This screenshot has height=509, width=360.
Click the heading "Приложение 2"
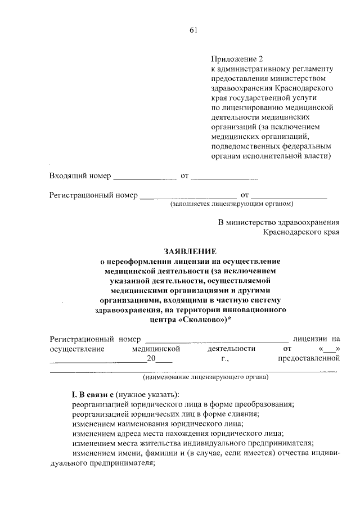(x=237, y=58)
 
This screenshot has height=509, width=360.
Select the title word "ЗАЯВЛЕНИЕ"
(x=190, y=251)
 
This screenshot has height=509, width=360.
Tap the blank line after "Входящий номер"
(x=145, y=178)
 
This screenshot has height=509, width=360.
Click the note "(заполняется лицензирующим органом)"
(x=232, y=204)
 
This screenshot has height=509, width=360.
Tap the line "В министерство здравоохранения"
(x=279, y=222)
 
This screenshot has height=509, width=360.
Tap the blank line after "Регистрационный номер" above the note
(x=185, y=196)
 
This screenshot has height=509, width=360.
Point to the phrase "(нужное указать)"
(x=149, y=393)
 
